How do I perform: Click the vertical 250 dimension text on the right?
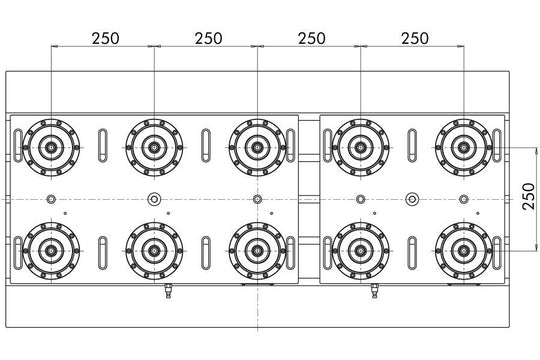[526, 197]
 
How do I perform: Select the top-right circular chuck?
[462, 147]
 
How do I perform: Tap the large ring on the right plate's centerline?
[410, 199]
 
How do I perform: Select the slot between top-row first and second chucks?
[101, 147]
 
